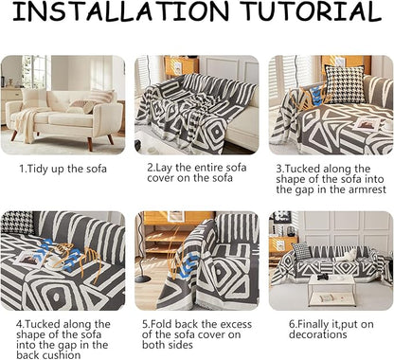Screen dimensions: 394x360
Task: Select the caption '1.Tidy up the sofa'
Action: coord(63,169)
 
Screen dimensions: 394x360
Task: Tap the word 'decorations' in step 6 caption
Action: coord(318,334)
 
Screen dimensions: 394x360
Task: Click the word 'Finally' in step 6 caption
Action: coord(312,325)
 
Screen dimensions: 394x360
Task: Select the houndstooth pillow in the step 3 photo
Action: coord(345,84)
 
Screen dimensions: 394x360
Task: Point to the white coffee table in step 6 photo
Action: coord(331,290)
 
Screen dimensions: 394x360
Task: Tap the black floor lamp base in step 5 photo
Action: coord(143,279)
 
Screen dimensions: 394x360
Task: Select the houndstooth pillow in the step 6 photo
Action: coord(301,251)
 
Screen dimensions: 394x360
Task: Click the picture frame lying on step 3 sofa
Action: coord(367,124)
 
